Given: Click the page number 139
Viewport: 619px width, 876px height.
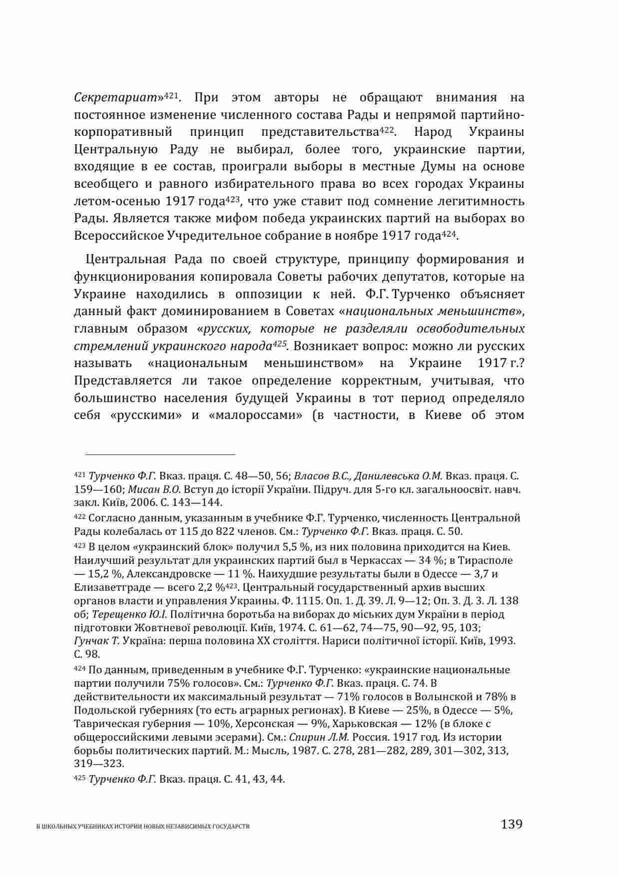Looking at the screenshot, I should click(x=512, y=824).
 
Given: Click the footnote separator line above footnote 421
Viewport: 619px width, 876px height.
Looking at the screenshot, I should click(x=160, y=454).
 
